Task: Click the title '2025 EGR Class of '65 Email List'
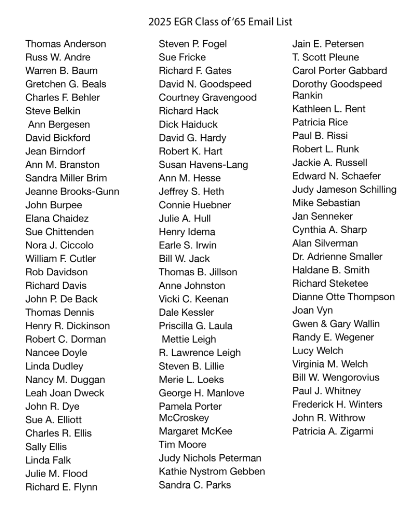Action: pyautogui.click(x=220, y=21)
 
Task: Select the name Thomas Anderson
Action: pyautogui.click(x=66, y=44)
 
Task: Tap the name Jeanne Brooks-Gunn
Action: pyautogui.click(x=72, y=192)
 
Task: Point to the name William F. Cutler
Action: pyautogui.click(x=61, y=259)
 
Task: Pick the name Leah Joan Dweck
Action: pyautogui.click(x=65, y=393)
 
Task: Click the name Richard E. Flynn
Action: pyautogui.click(x=61, y=487)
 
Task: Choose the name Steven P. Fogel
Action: pyautogui.click(x=193, y=44)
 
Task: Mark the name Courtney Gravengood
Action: pyautogui.click(x=208, y=98)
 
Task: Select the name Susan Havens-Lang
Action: pyautogui.click(x=203, y=165)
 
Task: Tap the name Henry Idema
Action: pyautogui.click(x=187, y=232)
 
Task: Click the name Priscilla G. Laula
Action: pyautogui.click(x=195, y=326)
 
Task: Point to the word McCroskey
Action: pyautogui.click(x=184, y=418)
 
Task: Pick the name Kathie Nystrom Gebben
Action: pyautogui.click(x=212, y=471)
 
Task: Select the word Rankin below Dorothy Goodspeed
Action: pyautogui.click(x=307, y=96)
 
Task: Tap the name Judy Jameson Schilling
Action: pyautogui.click(x=344, y=190)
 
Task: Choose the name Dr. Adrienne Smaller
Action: pyautogui.click(x=337, y=257)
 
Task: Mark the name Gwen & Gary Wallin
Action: pyautogui.click(x=336, y=324)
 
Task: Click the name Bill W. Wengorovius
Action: pyautogui.click(x=336, y=377)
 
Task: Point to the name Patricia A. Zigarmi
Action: pyautogui.click(x=332, y=431)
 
